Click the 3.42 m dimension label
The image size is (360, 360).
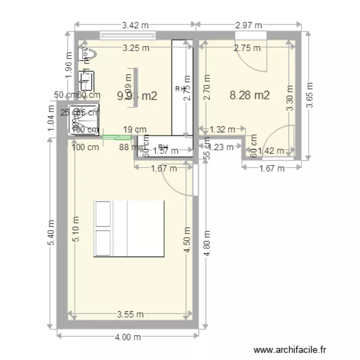[135, 26]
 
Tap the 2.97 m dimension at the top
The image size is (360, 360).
[248, 26]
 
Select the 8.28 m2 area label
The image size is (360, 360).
[250, 95]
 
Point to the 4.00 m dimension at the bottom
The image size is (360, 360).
[128, 337]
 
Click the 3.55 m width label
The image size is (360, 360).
[131, 315]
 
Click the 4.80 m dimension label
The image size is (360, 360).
[207, 244]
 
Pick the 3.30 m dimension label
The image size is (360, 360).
[289, 98]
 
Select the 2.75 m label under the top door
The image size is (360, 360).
[247, 48]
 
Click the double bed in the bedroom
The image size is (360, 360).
[129, 228]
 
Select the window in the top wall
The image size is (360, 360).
[128, 35]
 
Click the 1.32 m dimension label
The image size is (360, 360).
[222, 129]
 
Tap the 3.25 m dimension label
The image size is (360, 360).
[135, 48]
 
